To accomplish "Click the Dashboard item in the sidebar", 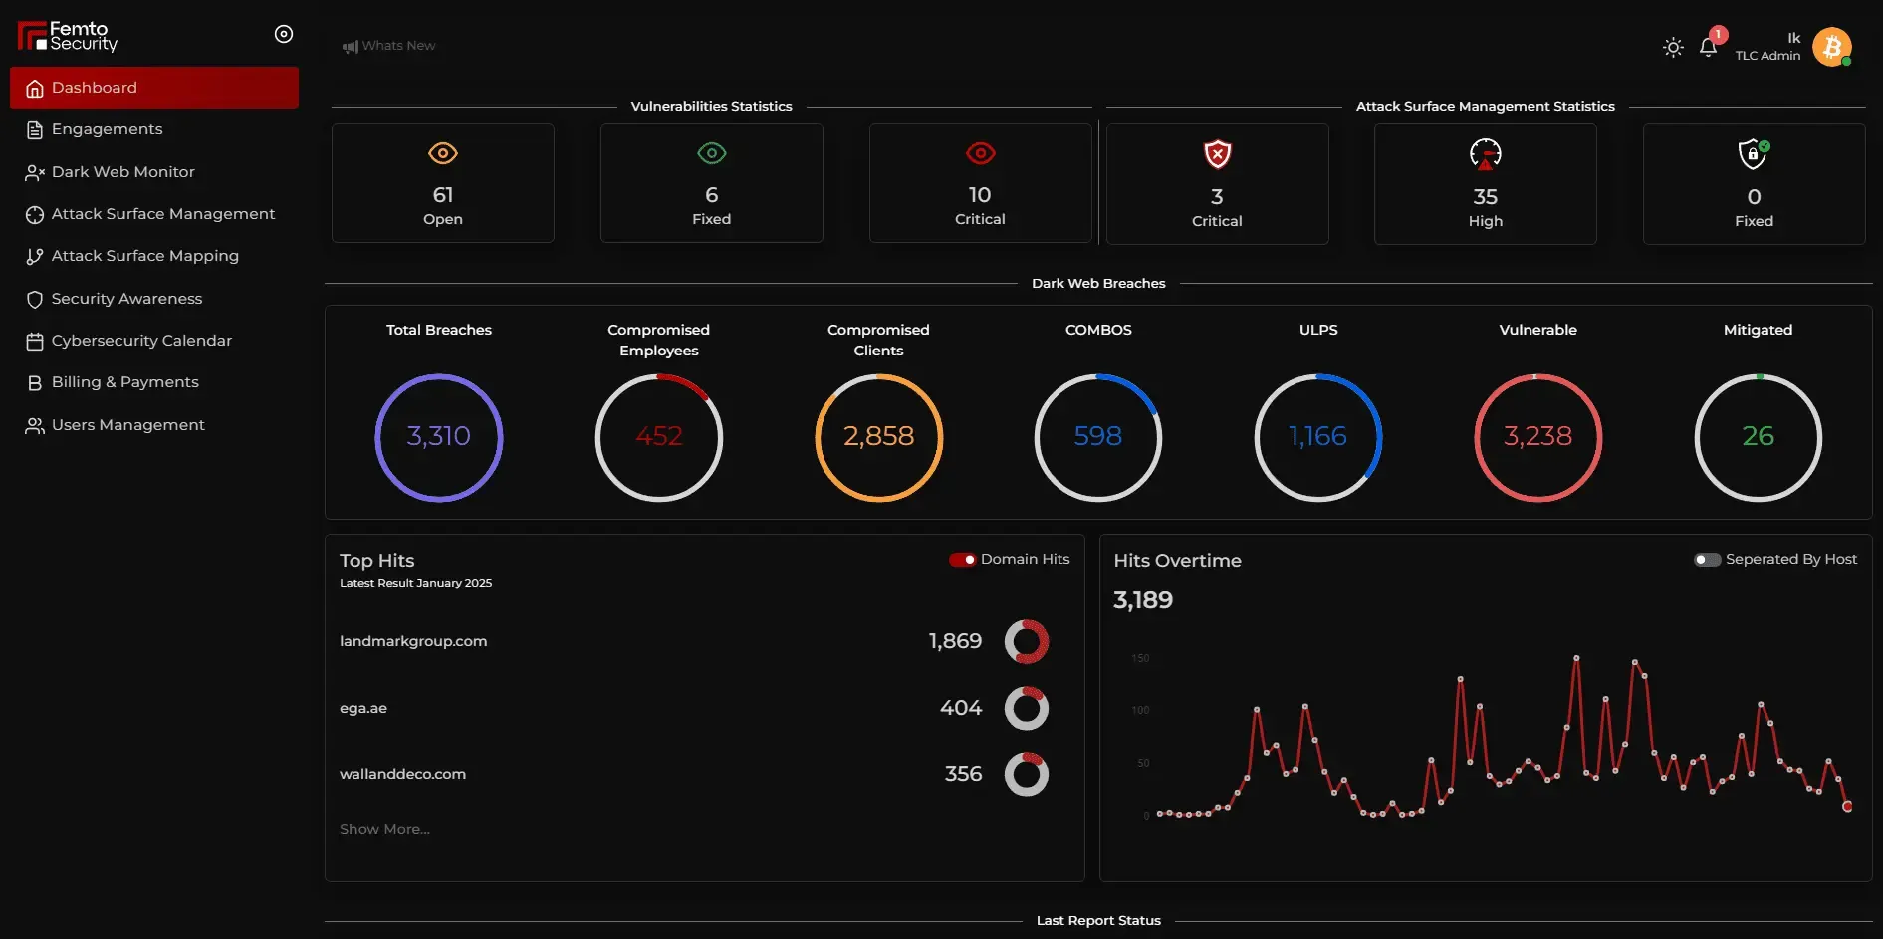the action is pos(95,88).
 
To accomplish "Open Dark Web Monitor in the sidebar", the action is pos(122,172).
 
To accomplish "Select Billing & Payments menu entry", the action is pos(124,382).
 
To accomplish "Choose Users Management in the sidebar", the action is pos(127,425).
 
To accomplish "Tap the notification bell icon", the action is pos(1708,47).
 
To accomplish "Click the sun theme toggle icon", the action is pos(1673,47).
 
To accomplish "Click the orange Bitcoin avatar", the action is pos(1831,47).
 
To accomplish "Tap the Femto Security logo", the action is pos(68,37).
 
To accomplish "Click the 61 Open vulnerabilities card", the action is pos(443,183).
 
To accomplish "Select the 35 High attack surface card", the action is pos(1485,184).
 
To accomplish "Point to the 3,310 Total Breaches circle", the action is pos(439,437).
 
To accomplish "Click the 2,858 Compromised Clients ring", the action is pos(878,437).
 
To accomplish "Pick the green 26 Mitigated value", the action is pos(1758,436).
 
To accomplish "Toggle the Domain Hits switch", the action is pos(962,560).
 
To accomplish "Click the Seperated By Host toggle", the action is pos(1707,560).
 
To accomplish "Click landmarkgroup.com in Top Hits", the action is pos(413,641).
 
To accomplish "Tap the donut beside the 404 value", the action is pos(1026,708).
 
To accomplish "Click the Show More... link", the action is pos(384,829).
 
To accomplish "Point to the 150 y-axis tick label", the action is pos(1140,658).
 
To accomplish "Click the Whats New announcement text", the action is pos(398,46).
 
